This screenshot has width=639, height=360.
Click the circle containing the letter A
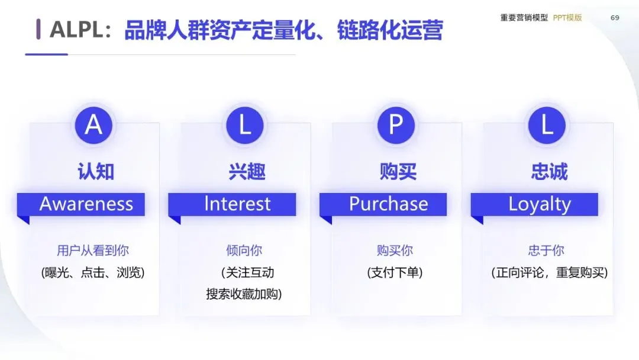(x=93, y=126)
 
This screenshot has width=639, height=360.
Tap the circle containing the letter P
(x=395, y=126)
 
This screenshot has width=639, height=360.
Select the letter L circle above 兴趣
(x=244, y=126)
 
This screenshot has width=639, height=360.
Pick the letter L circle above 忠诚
(x=547, y=126)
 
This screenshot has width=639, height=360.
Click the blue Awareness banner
(x=86, y=204)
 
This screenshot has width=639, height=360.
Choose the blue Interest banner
(x=237, y=204)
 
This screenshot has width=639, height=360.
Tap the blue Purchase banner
(x=388, y=204)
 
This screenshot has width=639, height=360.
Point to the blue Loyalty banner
(x=540, y=204)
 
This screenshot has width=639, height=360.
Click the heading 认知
(x=95, y=172)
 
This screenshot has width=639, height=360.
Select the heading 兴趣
(x=247, y=172)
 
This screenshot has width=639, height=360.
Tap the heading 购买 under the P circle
(x=398, y=172)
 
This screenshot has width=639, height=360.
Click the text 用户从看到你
(x=93, y=250)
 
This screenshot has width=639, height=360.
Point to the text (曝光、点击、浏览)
(x=93, y=273)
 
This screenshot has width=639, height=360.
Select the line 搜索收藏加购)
(x=244, y=294)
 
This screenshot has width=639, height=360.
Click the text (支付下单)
(x=395, y=273)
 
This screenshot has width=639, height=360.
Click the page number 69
(x=615, y=18)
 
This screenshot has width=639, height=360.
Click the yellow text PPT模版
(x=567, y=18)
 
